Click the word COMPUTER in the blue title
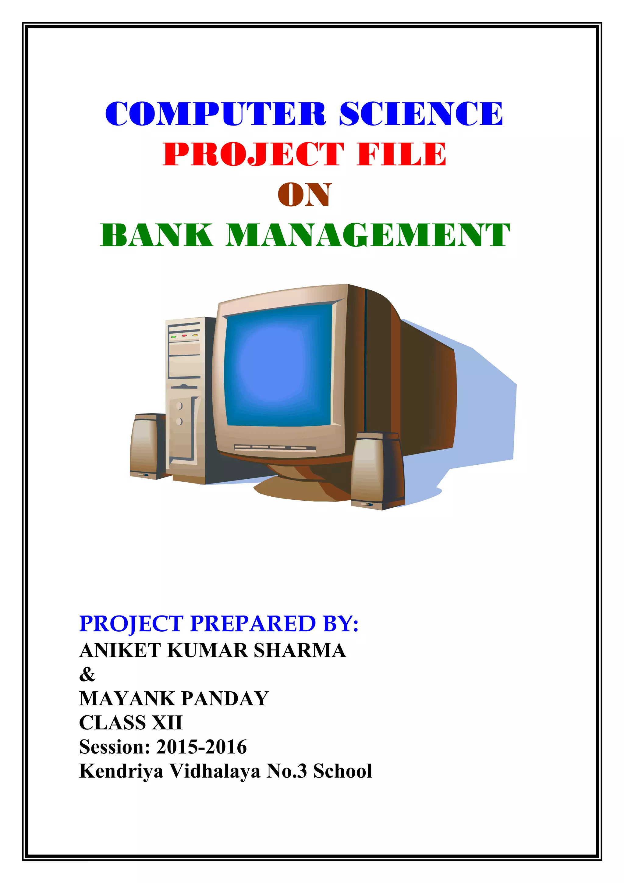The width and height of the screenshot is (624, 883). (x=216, y=114)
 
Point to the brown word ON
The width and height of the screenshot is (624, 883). (x=304, y=195)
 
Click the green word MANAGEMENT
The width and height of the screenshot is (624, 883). (x=367, y=235)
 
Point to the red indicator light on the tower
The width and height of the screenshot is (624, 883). (x=184, y=336)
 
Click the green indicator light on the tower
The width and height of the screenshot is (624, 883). (x=174, y=336)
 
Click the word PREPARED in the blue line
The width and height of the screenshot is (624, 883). (x=253, y=623)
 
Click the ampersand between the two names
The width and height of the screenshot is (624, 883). (x=87, y=674)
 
